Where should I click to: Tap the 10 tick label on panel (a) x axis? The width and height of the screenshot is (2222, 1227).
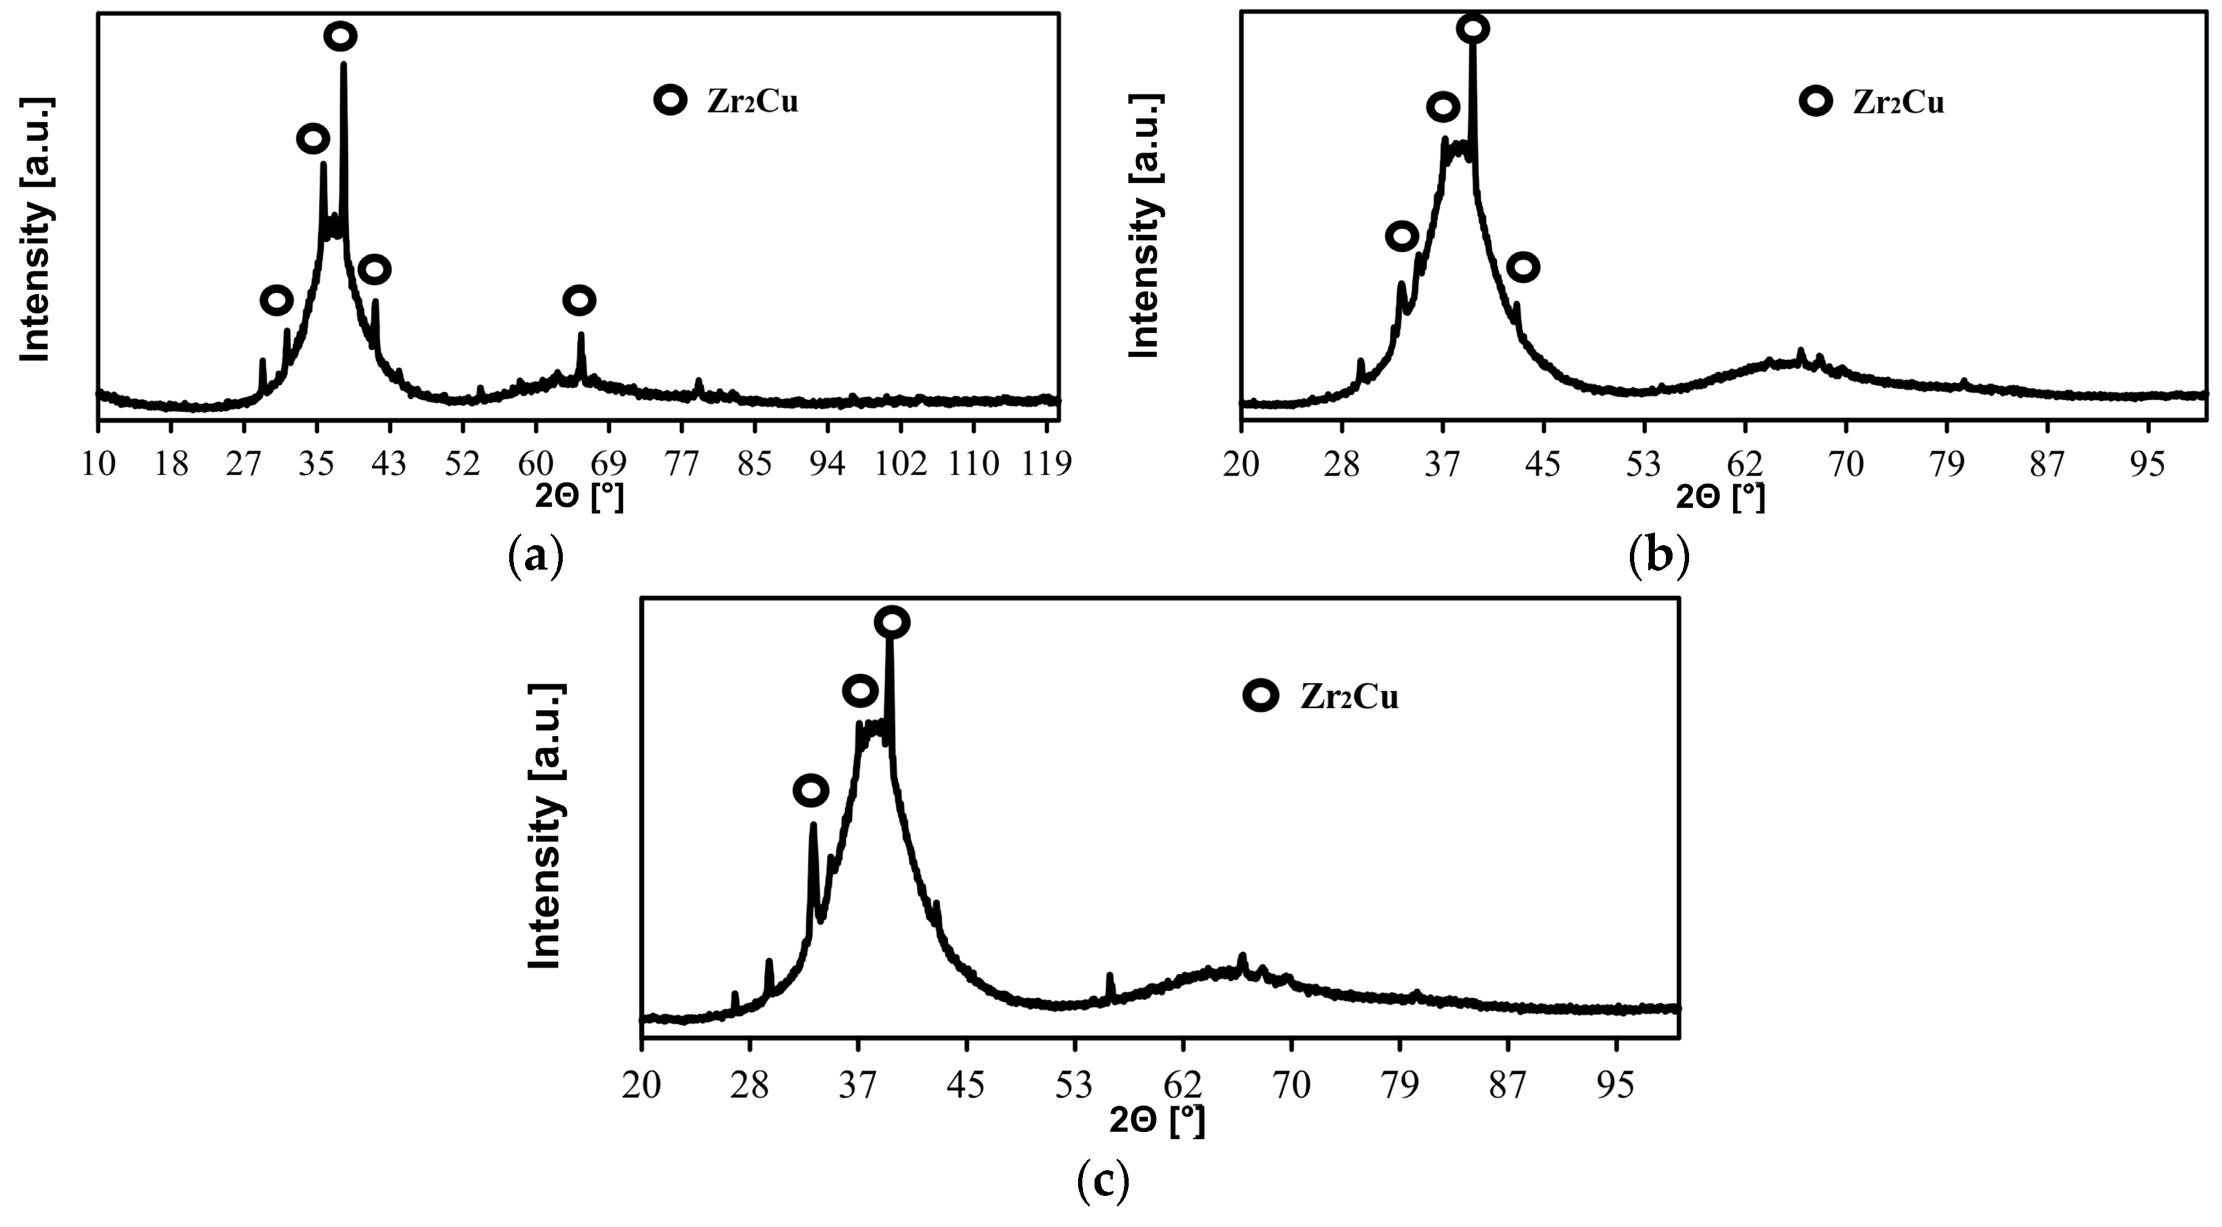(98, 463)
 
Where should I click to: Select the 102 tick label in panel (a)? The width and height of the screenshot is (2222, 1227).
(901, 463)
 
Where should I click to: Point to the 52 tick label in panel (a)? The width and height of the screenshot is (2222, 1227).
(462, 463)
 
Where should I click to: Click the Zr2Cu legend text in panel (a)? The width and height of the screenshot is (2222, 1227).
(752, 102)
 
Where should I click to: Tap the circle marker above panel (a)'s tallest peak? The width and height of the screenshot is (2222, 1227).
(341, 36)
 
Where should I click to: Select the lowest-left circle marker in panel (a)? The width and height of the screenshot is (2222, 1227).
(276, 300)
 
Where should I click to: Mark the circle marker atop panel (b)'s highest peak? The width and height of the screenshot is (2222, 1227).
(1473, 29)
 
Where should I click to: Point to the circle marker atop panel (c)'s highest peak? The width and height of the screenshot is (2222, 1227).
(892, 621)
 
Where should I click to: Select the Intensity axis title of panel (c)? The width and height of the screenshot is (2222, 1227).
(545, 826)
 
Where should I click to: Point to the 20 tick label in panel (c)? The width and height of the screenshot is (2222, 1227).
(641, 1086)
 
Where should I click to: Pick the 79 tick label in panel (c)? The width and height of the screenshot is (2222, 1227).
(1400, 1086)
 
